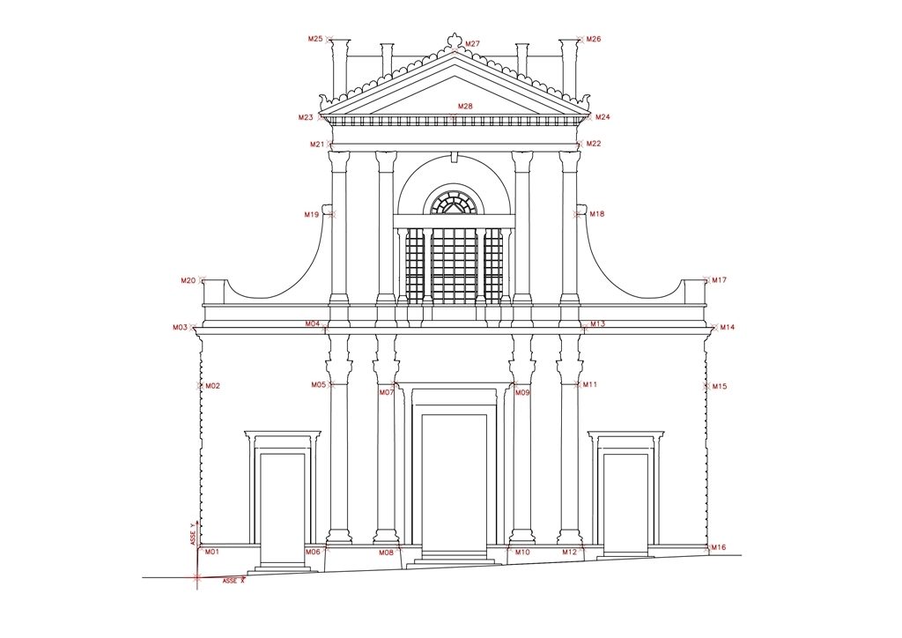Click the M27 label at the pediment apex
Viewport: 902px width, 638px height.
coord(472,44)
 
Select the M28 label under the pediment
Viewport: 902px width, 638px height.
coord(465,107)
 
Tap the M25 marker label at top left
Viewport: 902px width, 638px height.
coord(315,39)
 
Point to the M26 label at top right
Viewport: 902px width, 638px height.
coord(594,39)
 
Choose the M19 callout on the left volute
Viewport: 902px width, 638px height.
coord(311,215)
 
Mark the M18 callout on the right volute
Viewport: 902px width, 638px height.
coord(597,214)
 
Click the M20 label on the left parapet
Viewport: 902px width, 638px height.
coord(189,281)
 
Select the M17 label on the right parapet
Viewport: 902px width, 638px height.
coord(719,280)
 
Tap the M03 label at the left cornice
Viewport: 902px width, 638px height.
coord(180,327)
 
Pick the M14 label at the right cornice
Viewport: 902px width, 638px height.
coord(728,327)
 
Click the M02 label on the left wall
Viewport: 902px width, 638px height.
coord(213,386)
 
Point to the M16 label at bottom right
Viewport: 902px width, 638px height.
coord(719,548)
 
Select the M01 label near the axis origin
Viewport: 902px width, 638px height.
coord(212,552)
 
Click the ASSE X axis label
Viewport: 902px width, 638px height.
coord(233,581)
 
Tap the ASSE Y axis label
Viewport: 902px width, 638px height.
coord(193,533)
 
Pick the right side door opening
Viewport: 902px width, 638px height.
coord(625,503)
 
